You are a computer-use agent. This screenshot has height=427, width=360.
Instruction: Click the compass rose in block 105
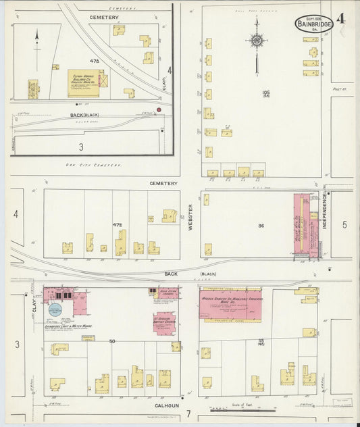pyautogui.click(x=257, y=42)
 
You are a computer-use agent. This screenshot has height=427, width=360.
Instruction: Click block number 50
pyautogui.click(x=113, y=342)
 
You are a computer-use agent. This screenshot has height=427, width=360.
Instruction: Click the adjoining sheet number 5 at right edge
pyautogui.click(x=344, y=224)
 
